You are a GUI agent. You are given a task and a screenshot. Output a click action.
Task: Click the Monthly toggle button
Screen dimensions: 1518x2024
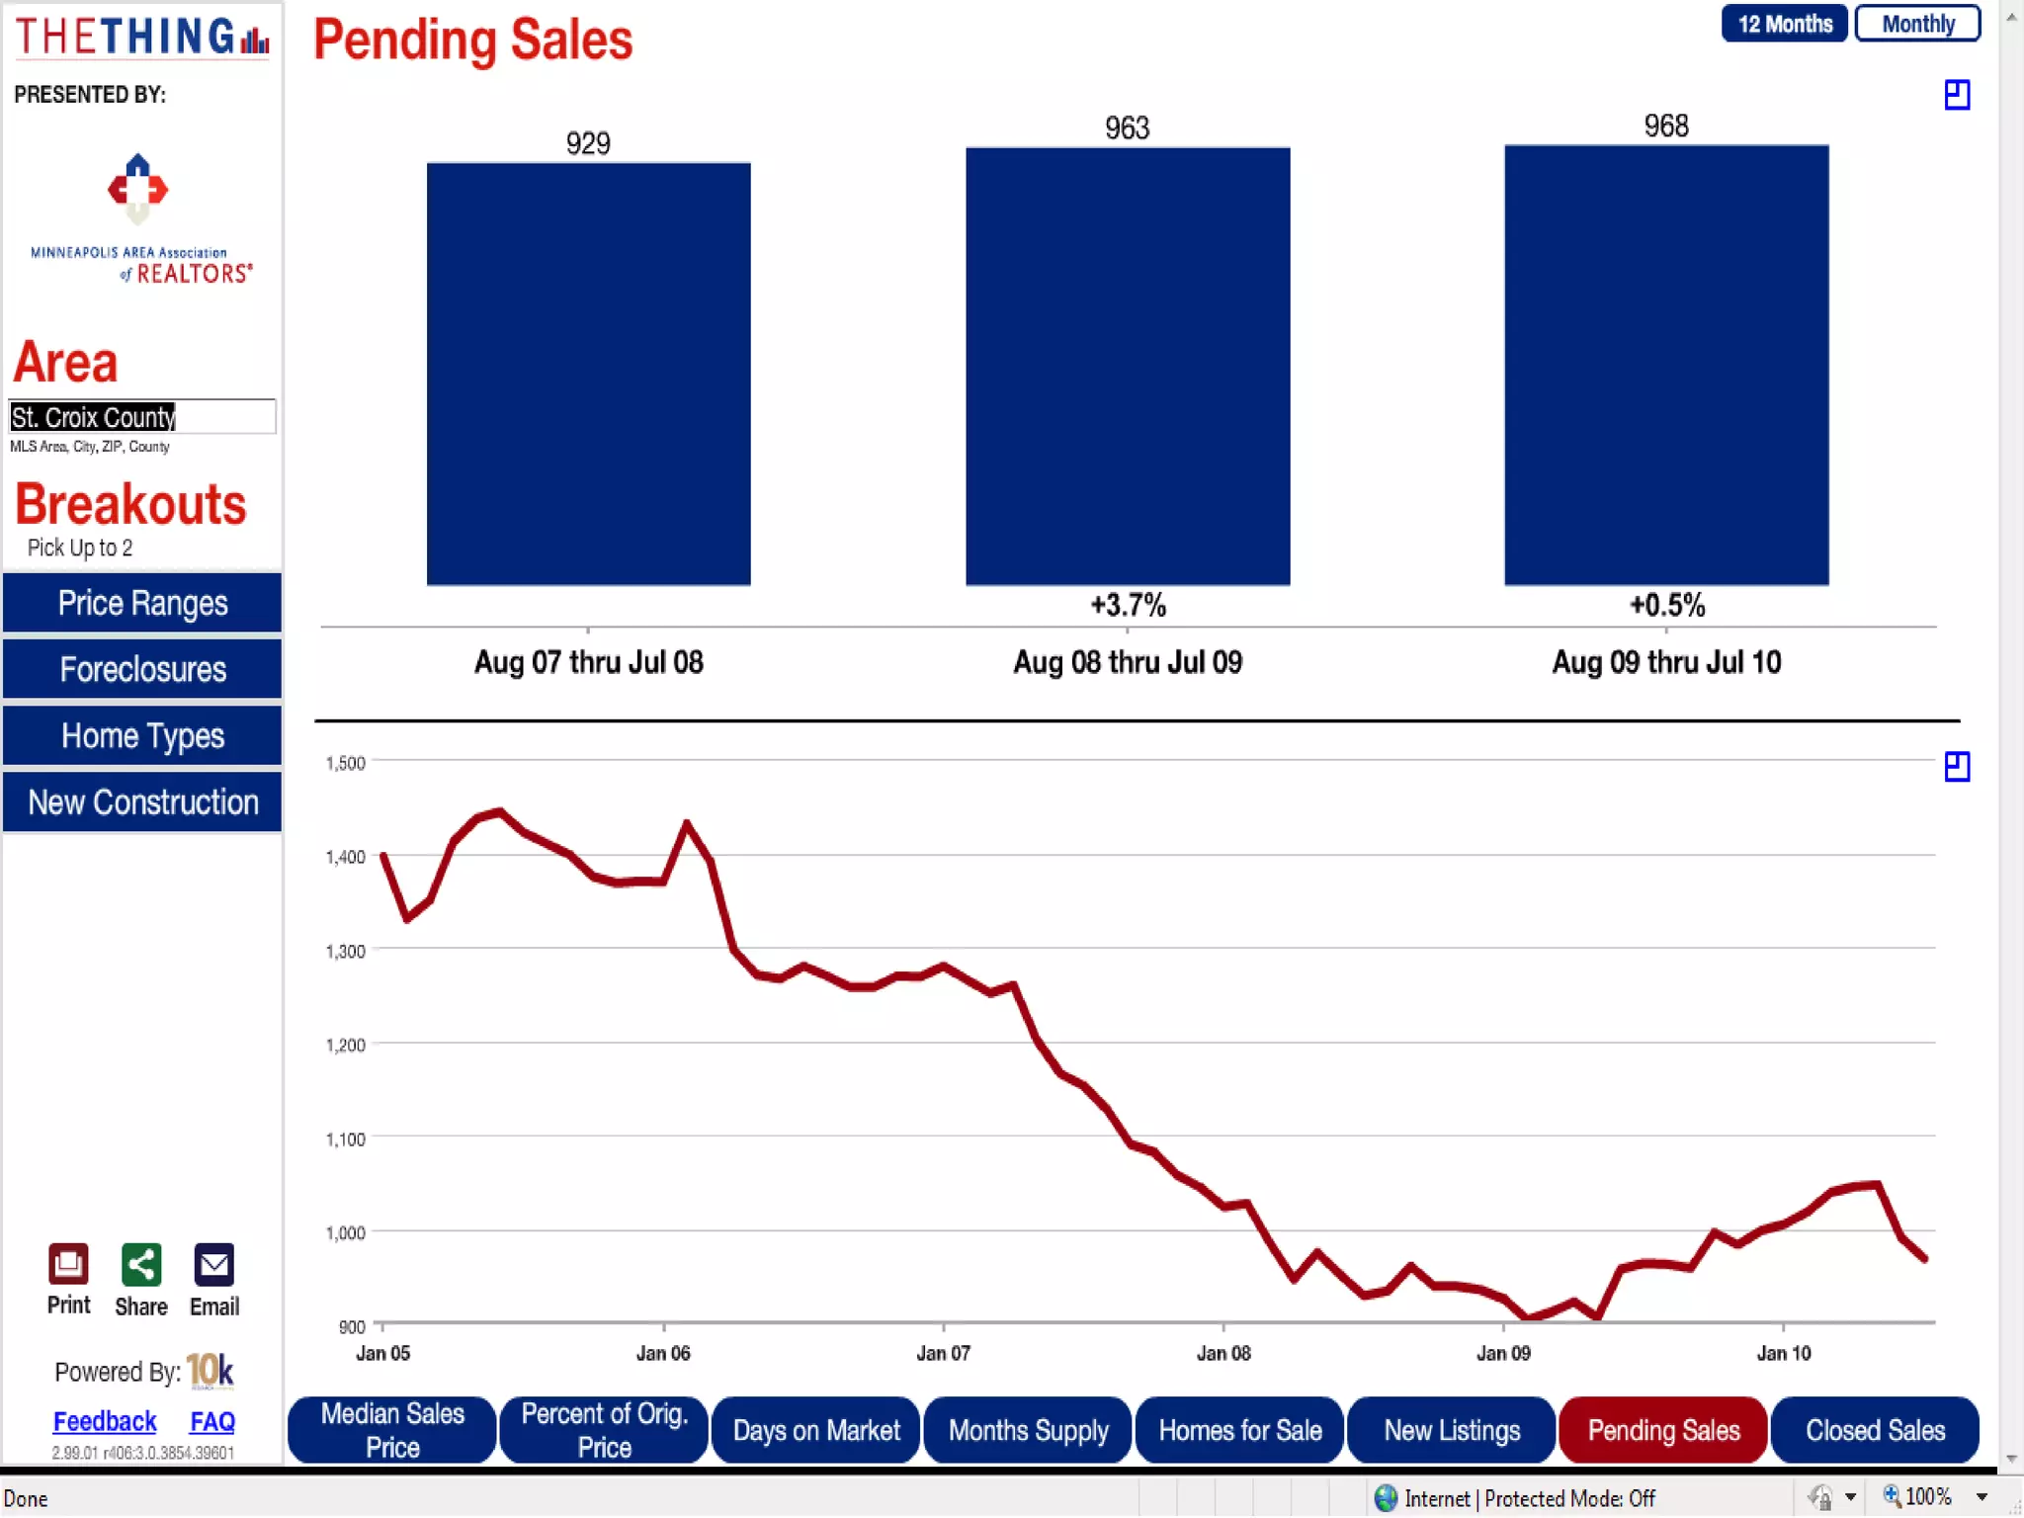coord(1916,24)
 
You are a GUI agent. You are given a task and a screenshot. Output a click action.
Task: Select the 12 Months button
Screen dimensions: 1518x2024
coord(1784,24)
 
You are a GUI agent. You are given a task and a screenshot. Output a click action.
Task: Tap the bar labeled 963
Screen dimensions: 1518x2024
coord(1127,366)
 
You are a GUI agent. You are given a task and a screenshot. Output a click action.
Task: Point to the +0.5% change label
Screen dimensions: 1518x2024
coord(1666,605)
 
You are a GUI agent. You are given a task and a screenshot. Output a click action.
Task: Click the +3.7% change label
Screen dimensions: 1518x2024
coord(1127,605)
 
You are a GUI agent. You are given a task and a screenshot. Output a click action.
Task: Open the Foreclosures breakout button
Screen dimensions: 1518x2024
coord(142,669)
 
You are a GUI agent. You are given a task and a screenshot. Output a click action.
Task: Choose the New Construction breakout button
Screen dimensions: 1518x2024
coord(142,801)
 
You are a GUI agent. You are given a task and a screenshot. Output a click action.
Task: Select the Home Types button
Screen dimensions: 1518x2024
coord(142,735)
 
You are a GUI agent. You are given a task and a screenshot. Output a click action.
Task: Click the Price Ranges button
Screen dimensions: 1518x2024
coord(142,603)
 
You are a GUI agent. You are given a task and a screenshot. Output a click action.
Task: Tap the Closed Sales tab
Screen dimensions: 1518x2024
coord(1875,1430)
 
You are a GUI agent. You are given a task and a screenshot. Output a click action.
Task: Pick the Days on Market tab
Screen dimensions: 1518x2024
coord(816,1430)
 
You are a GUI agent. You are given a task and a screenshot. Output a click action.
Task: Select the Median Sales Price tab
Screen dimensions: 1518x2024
coord(392,1430)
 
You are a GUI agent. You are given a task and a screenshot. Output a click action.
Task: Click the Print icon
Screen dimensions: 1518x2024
coord(68,1264)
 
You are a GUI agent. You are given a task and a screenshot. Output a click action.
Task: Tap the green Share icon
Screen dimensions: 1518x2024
coord(140,1264)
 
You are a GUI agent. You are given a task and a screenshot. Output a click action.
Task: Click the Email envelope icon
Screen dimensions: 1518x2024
coord(213,1264)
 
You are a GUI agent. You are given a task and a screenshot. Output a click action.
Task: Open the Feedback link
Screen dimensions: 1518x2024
coord(105,1421)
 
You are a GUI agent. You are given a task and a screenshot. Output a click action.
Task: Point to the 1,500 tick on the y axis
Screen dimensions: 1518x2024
coord(345,763)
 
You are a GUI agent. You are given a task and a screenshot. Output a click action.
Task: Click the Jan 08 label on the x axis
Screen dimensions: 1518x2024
coord(1223,1353)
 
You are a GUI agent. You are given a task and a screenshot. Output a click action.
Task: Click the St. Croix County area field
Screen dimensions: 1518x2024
coord(141,417)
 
